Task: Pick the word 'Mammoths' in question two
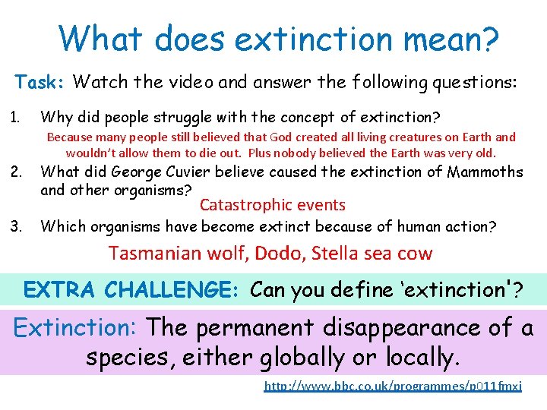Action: point(485,172)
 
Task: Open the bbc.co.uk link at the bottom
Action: point(393,386)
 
